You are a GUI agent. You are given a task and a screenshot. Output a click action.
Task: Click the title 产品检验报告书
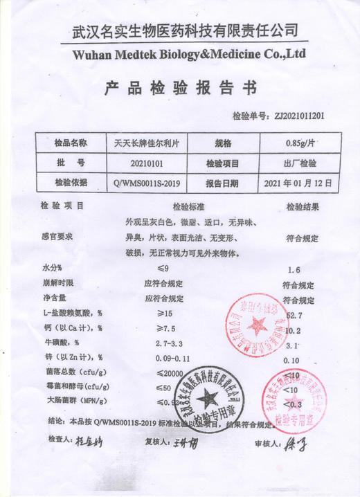pyautogui.click(x=180, y=89)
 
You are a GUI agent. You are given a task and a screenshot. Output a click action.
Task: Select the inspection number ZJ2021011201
pyautogui.click(x=299, y=116)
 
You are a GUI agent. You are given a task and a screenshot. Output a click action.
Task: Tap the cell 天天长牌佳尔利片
pyautogui.click(x=145, y=143)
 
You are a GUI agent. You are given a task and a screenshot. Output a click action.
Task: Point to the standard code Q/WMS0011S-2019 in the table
pyautogui.click(x=146, y=183)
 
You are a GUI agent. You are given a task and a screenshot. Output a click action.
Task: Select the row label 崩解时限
pyautogui.click(x=57, y=283)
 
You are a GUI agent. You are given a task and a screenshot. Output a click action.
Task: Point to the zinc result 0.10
pyautogui.click(x=291, y=360)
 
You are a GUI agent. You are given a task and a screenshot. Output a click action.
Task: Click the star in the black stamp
pyautogui.click(x=206, y=397)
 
